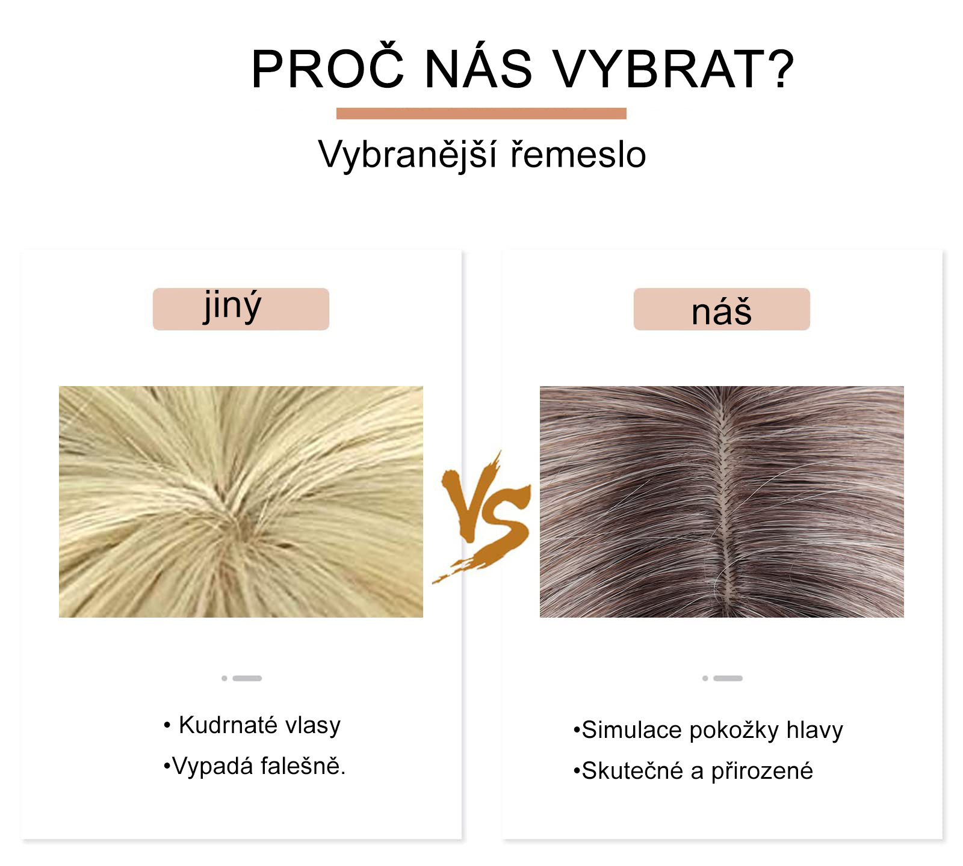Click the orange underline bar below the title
[481, 114]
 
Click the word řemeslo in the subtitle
[578, 155]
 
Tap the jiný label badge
[241, 309]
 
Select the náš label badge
[722, 309]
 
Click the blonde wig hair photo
[241, 502]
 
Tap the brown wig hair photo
[722, 502]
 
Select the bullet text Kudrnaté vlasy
[252, 725]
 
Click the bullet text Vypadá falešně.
[254, 766]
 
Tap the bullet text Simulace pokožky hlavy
[708, 730]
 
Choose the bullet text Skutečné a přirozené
[693, 771]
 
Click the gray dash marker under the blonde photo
[241, 678]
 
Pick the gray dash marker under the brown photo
[722, 678]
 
